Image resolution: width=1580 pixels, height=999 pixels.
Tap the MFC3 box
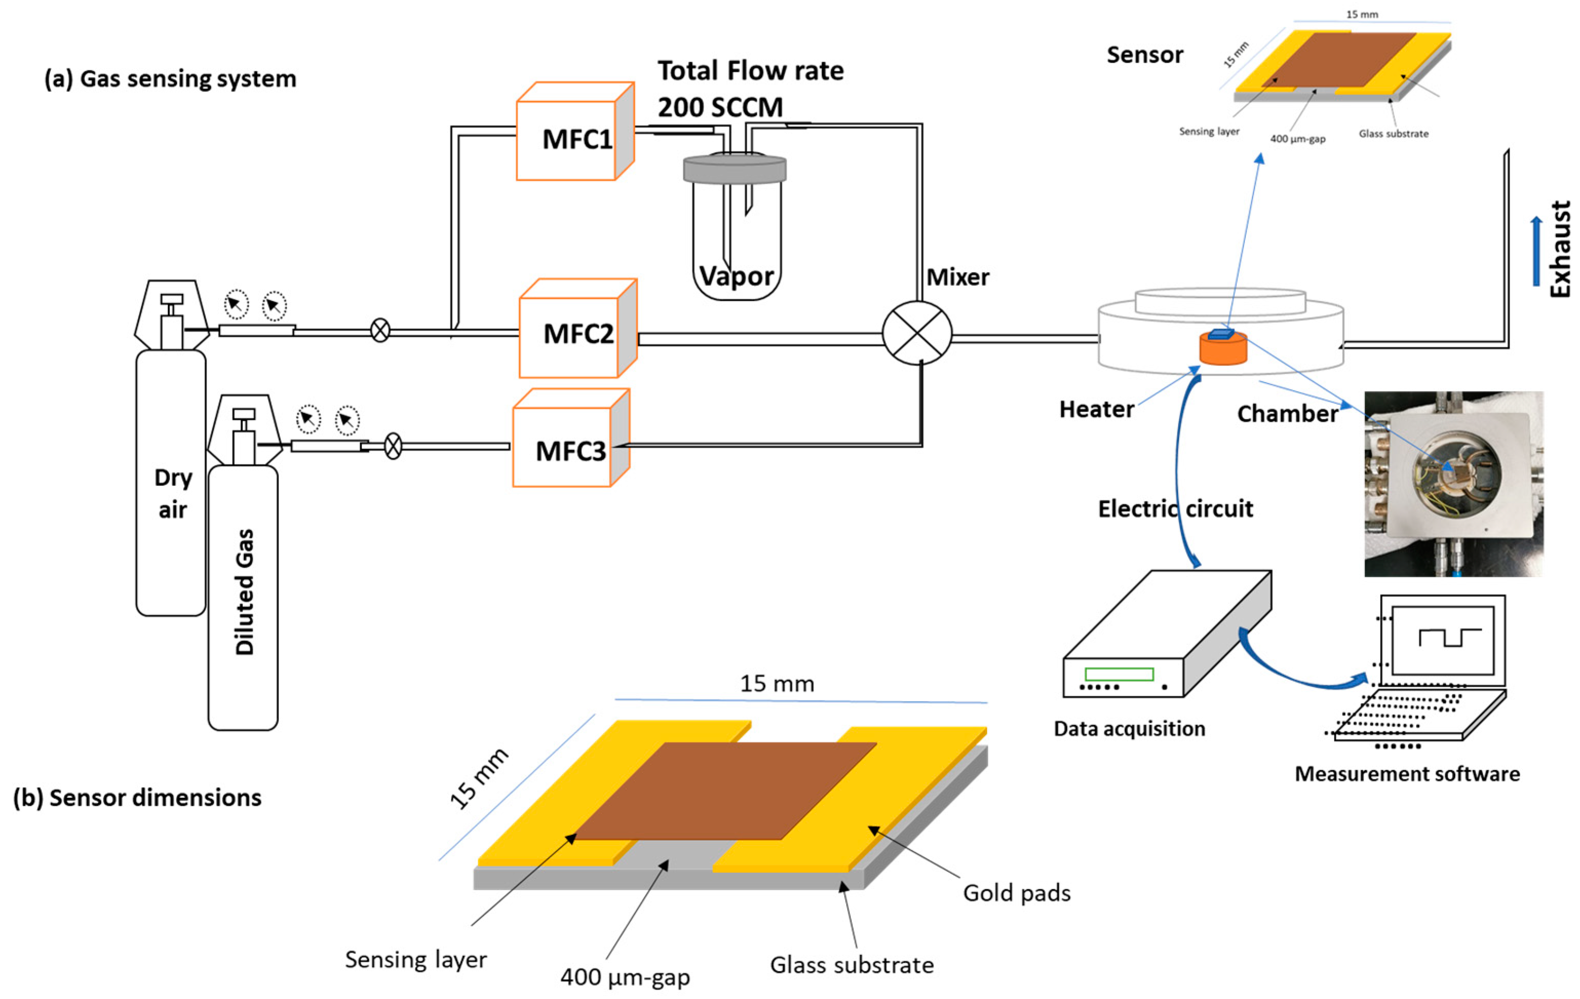pyautogui.click(x=564, y=449)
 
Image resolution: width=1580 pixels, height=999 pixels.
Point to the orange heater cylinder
pyautogui.click(x=1223, y=349)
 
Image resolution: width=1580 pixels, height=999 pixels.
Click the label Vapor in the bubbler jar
pyautogui.click(x=736, y=276)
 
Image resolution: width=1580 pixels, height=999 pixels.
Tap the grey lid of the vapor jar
pyautogui.click(x=734, y=169)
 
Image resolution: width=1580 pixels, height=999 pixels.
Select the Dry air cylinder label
pyautogui.click(x=172, y=493)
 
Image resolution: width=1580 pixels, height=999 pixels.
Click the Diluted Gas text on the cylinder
pyautogui.click(x=244, y=591)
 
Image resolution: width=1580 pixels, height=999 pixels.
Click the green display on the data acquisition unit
pyautogui.click(x=1119, y=674)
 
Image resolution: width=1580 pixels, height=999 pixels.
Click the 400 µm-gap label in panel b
pyautogui.click(x=625, y=977)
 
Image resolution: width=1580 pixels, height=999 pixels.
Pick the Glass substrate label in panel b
pyautogui.click(x=851, y=965)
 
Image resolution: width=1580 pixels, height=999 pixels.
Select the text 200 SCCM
pyautogui.click(x=720, y=107)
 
